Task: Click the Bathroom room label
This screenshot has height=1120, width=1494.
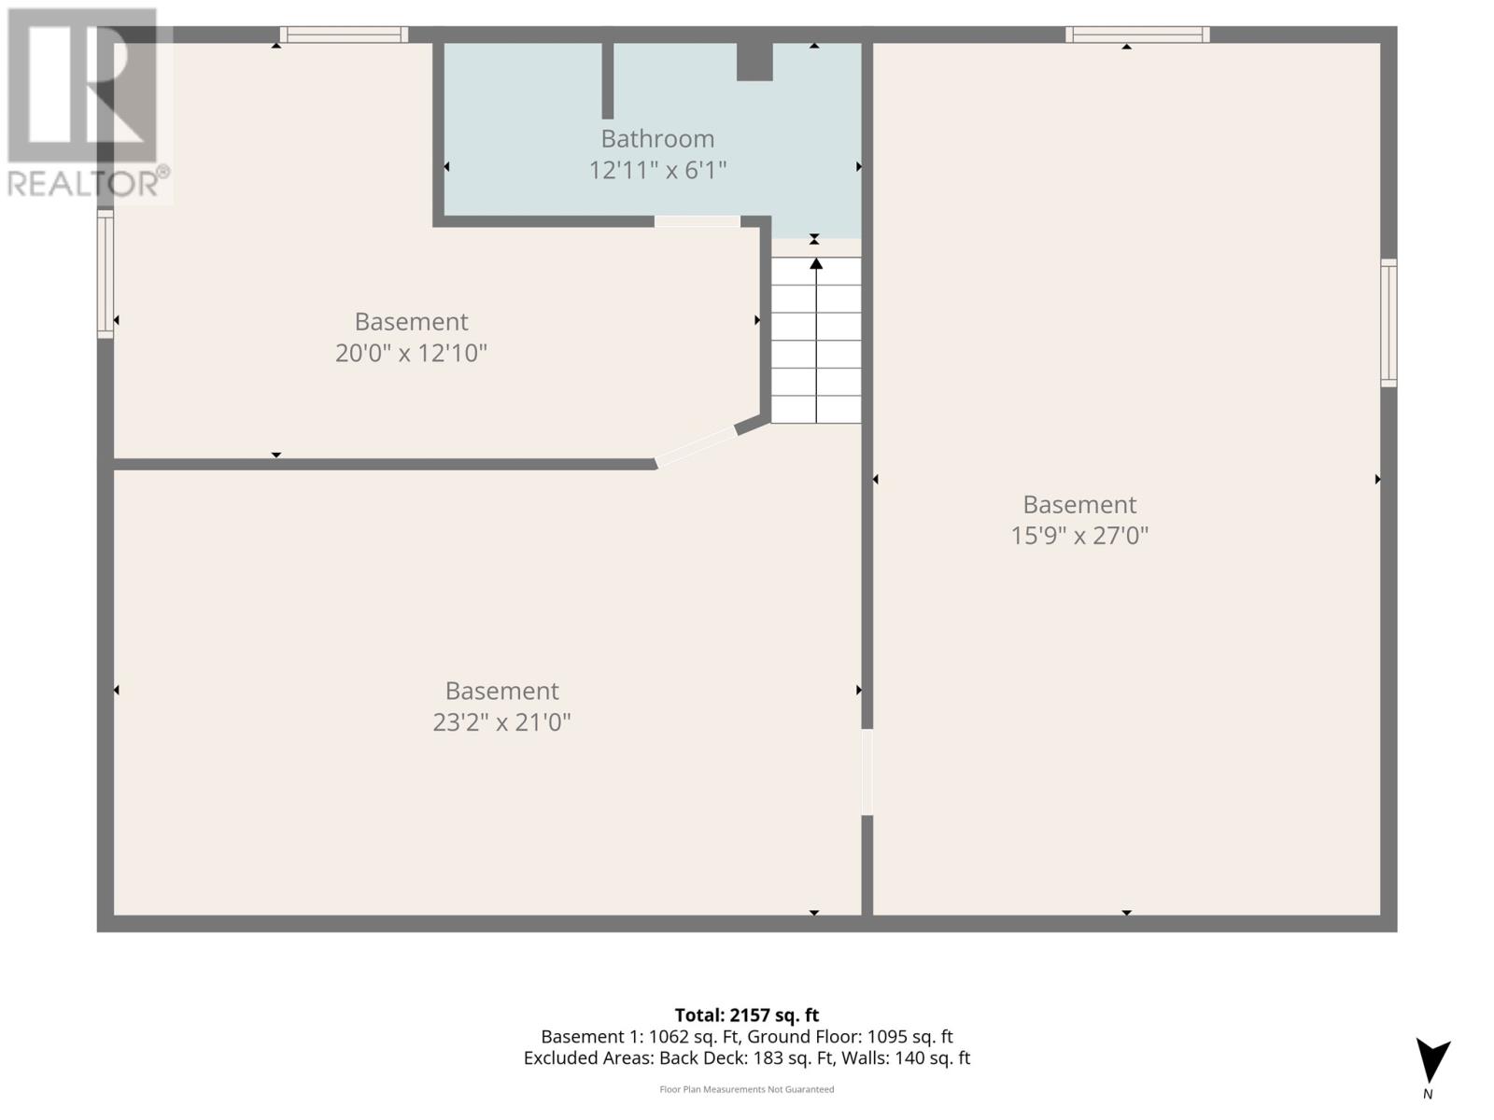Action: (657, 139)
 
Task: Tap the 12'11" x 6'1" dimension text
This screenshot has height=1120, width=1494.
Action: (657, 171)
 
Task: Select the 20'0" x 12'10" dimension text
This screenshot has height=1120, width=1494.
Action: (411, 354)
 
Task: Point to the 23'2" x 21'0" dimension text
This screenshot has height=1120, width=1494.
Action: (501, 723)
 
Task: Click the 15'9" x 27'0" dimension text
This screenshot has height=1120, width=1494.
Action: (1079, 537)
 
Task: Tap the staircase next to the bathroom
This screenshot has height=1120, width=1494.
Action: (816, 341)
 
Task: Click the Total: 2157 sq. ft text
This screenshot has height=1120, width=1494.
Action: (746, 1015)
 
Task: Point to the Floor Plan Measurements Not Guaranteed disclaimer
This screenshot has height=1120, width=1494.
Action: (746, 1089)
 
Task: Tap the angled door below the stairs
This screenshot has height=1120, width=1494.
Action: (696, 446)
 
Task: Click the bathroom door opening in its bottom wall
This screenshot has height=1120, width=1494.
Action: (697, 221)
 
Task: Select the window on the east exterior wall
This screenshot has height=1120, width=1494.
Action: (1388, 322)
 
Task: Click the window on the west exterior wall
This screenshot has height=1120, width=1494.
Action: (106, 273)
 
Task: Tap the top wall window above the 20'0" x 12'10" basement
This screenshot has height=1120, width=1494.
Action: (344, 35)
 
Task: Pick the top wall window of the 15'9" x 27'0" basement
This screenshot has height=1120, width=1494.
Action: (1137, 35)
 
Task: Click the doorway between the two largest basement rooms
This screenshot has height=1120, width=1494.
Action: (867, 772)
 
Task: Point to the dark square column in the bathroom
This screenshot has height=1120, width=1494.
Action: (754, 62)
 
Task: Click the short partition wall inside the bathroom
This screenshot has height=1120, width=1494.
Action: (607, 80)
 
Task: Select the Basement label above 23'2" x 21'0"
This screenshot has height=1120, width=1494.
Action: (501, 692)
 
